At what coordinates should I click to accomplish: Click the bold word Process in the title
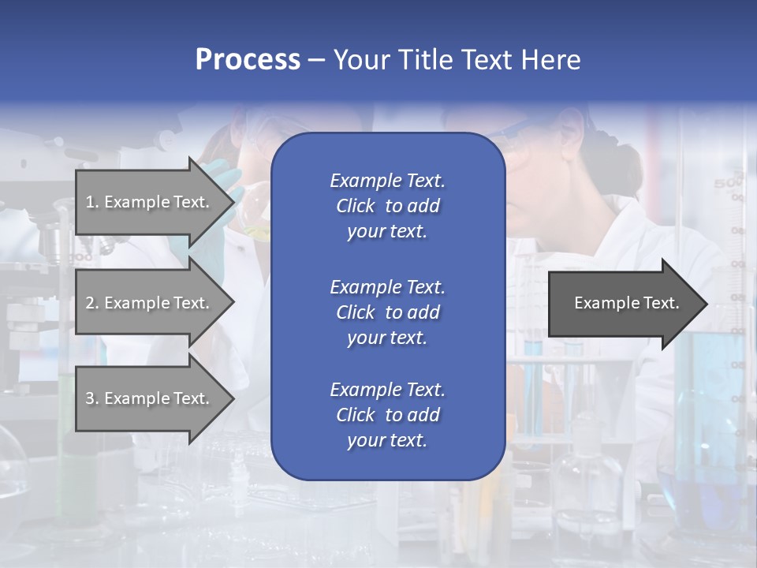[x=248, y=60]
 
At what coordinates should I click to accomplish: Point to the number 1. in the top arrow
[x=92, y=202]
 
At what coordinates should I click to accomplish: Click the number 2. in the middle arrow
[x=92, y=303]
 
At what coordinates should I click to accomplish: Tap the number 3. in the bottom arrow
[x=92, y=398]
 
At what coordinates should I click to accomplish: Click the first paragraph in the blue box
[x=387, y=206]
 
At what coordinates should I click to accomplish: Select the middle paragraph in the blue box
[x=387, y=312]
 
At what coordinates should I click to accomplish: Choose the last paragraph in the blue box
[x=387, y=415]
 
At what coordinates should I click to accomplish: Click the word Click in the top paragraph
[x=355, y=207]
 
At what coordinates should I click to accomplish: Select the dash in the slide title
[x=316, y=60]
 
